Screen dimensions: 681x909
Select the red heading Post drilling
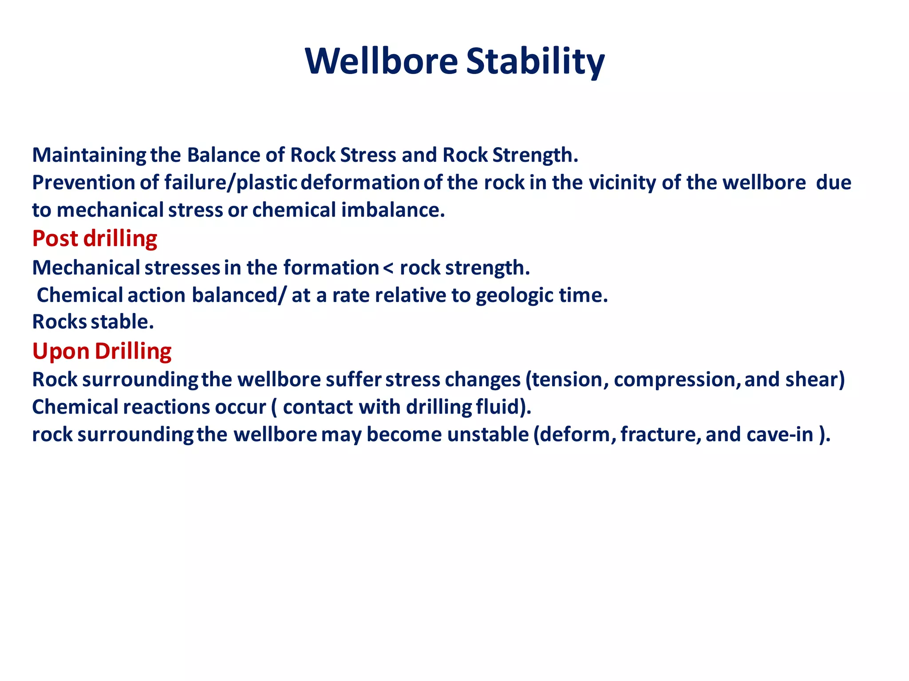tap(95, 239)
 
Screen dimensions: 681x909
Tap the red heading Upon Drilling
tap(102, 351)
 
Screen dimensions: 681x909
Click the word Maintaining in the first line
tap(89, 155)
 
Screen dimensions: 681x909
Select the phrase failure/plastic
tap(230, 183)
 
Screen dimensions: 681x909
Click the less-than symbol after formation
tap(388, 268)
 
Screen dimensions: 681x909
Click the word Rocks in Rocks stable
tap(59, 322)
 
